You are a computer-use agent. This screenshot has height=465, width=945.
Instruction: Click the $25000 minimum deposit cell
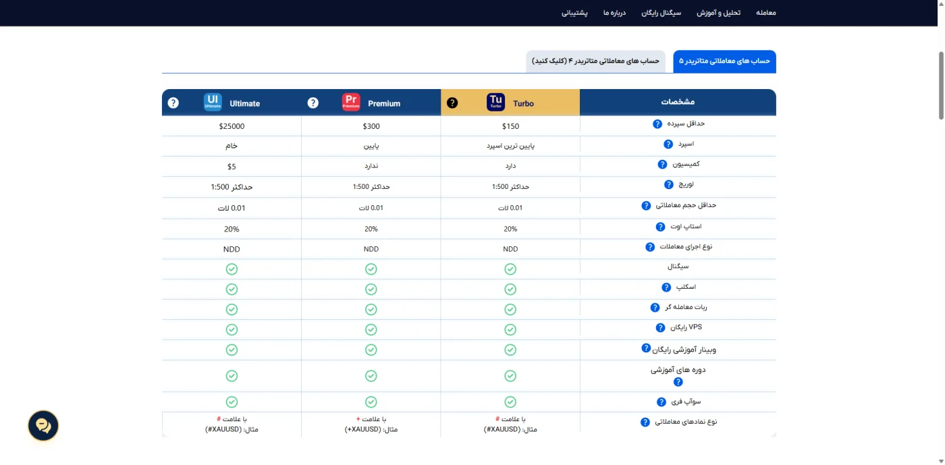point(232,126)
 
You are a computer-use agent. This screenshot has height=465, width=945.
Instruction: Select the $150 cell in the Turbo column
point(510,126)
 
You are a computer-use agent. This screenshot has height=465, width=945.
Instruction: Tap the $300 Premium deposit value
point(371,126)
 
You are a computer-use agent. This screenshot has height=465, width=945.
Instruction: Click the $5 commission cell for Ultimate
point(232,167)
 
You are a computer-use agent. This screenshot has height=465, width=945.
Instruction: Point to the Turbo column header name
point(523,103)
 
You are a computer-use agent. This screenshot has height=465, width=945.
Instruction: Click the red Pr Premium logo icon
point(351,102)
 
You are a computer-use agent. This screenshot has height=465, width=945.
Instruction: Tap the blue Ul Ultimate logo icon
point(213,102)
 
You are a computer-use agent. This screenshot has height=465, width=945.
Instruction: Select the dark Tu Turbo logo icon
point(495,102)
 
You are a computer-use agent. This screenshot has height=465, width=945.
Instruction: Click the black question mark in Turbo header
point(452,103)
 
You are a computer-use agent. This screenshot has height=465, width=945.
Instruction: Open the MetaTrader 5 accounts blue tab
point(724,61)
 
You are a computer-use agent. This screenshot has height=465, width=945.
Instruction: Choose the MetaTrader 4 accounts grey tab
point(595,61)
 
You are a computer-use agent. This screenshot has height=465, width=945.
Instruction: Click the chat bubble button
point(43,425)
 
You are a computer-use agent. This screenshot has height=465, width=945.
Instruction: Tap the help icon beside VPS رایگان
point(660,327)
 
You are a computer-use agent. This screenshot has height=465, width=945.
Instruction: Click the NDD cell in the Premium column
point(371,249)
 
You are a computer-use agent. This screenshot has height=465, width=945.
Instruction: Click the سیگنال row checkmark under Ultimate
point(232,269)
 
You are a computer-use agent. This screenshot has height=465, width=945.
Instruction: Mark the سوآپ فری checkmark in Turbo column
point(510,402)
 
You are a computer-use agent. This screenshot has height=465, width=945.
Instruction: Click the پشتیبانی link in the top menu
point(574,13)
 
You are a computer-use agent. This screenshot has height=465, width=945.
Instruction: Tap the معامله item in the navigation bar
point(765,13)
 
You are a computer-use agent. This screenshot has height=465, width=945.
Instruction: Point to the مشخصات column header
point(678,102)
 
